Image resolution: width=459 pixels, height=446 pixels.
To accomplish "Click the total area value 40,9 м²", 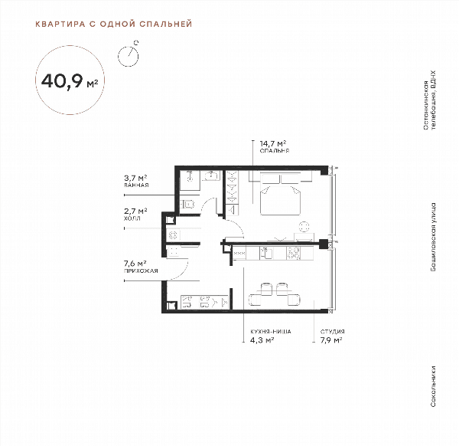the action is pos(70,81).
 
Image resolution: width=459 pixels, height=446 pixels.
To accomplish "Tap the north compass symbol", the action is pos(129,54).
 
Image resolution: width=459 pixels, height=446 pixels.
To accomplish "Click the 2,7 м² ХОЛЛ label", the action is pos(135,215).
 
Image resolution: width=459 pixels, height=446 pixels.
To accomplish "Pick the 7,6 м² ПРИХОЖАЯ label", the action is pos(141,267).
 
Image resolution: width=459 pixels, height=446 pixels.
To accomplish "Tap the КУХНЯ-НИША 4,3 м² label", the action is pos(271,336).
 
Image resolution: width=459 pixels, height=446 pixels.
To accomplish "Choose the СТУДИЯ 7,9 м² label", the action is pos(332,336).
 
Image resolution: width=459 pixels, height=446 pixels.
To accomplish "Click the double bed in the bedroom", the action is pos(281,195).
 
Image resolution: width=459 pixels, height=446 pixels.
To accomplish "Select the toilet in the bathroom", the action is pos(187,204).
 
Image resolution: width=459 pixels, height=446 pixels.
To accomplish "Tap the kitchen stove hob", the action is pos(293,254).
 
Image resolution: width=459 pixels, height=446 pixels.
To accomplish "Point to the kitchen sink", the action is pos(267,254).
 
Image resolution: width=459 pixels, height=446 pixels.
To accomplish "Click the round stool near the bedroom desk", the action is pos(304,227).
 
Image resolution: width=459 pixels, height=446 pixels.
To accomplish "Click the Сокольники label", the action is pos(433,386).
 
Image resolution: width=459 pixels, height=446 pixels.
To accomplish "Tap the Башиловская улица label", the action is pos(433,237).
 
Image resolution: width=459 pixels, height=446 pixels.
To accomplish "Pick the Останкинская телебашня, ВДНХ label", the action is pos(429,100).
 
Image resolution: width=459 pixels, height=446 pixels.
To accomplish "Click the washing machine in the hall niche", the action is pos(173,234).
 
